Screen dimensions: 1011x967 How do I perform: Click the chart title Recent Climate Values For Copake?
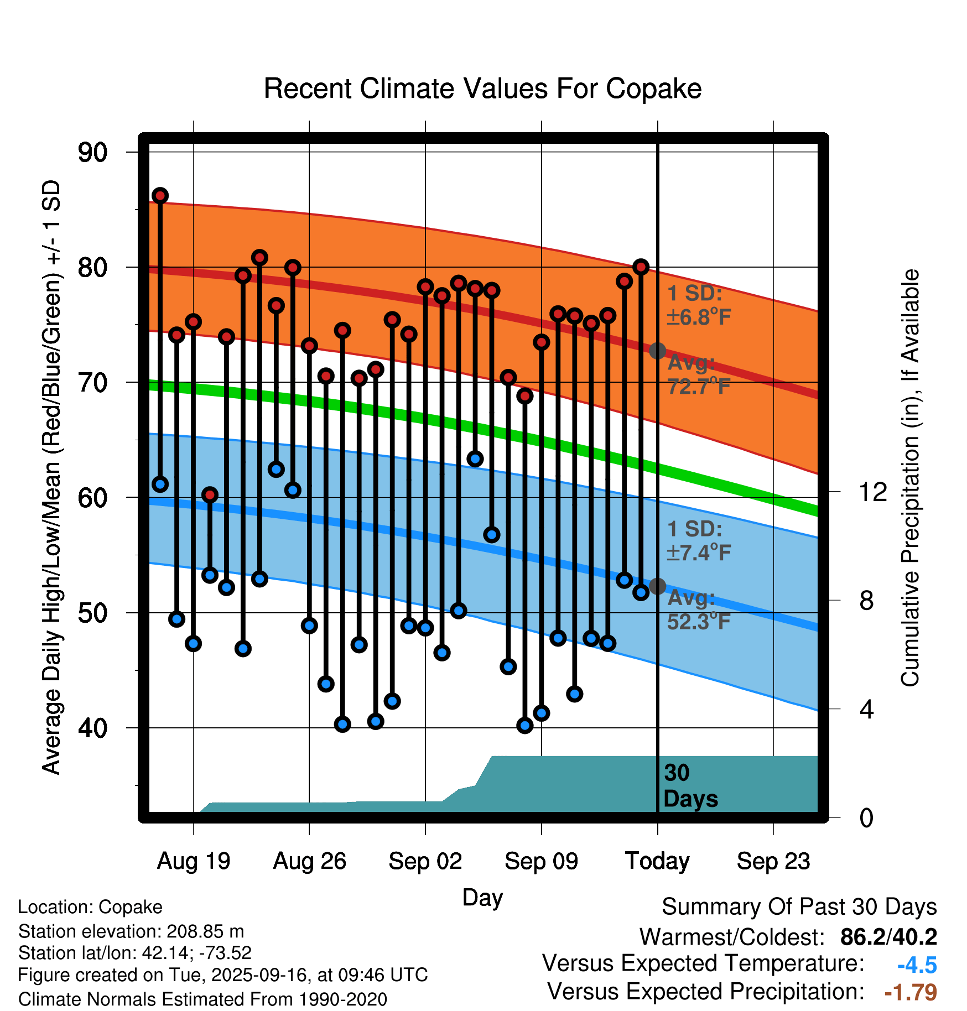482,88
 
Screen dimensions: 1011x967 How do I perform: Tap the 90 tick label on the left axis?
92,153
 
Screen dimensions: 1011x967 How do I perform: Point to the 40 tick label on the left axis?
92,728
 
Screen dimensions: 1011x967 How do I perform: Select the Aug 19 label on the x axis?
194,861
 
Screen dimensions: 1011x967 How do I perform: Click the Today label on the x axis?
657,861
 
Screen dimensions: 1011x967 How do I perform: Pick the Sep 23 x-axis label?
773,861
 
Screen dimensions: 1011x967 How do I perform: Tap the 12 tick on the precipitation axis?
872,492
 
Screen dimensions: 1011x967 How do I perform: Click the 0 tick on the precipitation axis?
866,817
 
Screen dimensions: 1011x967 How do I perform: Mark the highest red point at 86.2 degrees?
160,195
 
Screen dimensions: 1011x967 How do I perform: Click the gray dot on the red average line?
657,351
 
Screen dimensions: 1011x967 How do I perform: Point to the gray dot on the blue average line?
657,586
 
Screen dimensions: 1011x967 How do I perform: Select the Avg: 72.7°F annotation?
699,374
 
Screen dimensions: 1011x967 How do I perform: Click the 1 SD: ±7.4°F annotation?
699,541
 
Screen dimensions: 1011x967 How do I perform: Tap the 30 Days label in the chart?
690,786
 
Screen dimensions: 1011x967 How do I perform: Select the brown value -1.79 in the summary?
911,992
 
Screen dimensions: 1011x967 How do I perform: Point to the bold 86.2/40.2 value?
888,937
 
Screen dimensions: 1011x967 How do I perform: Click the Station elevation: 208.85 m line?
131,931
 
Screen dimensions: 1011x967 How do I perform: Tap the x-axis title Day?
482,897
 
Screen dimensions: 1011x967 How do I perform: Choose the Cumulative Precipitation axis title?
910,478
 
